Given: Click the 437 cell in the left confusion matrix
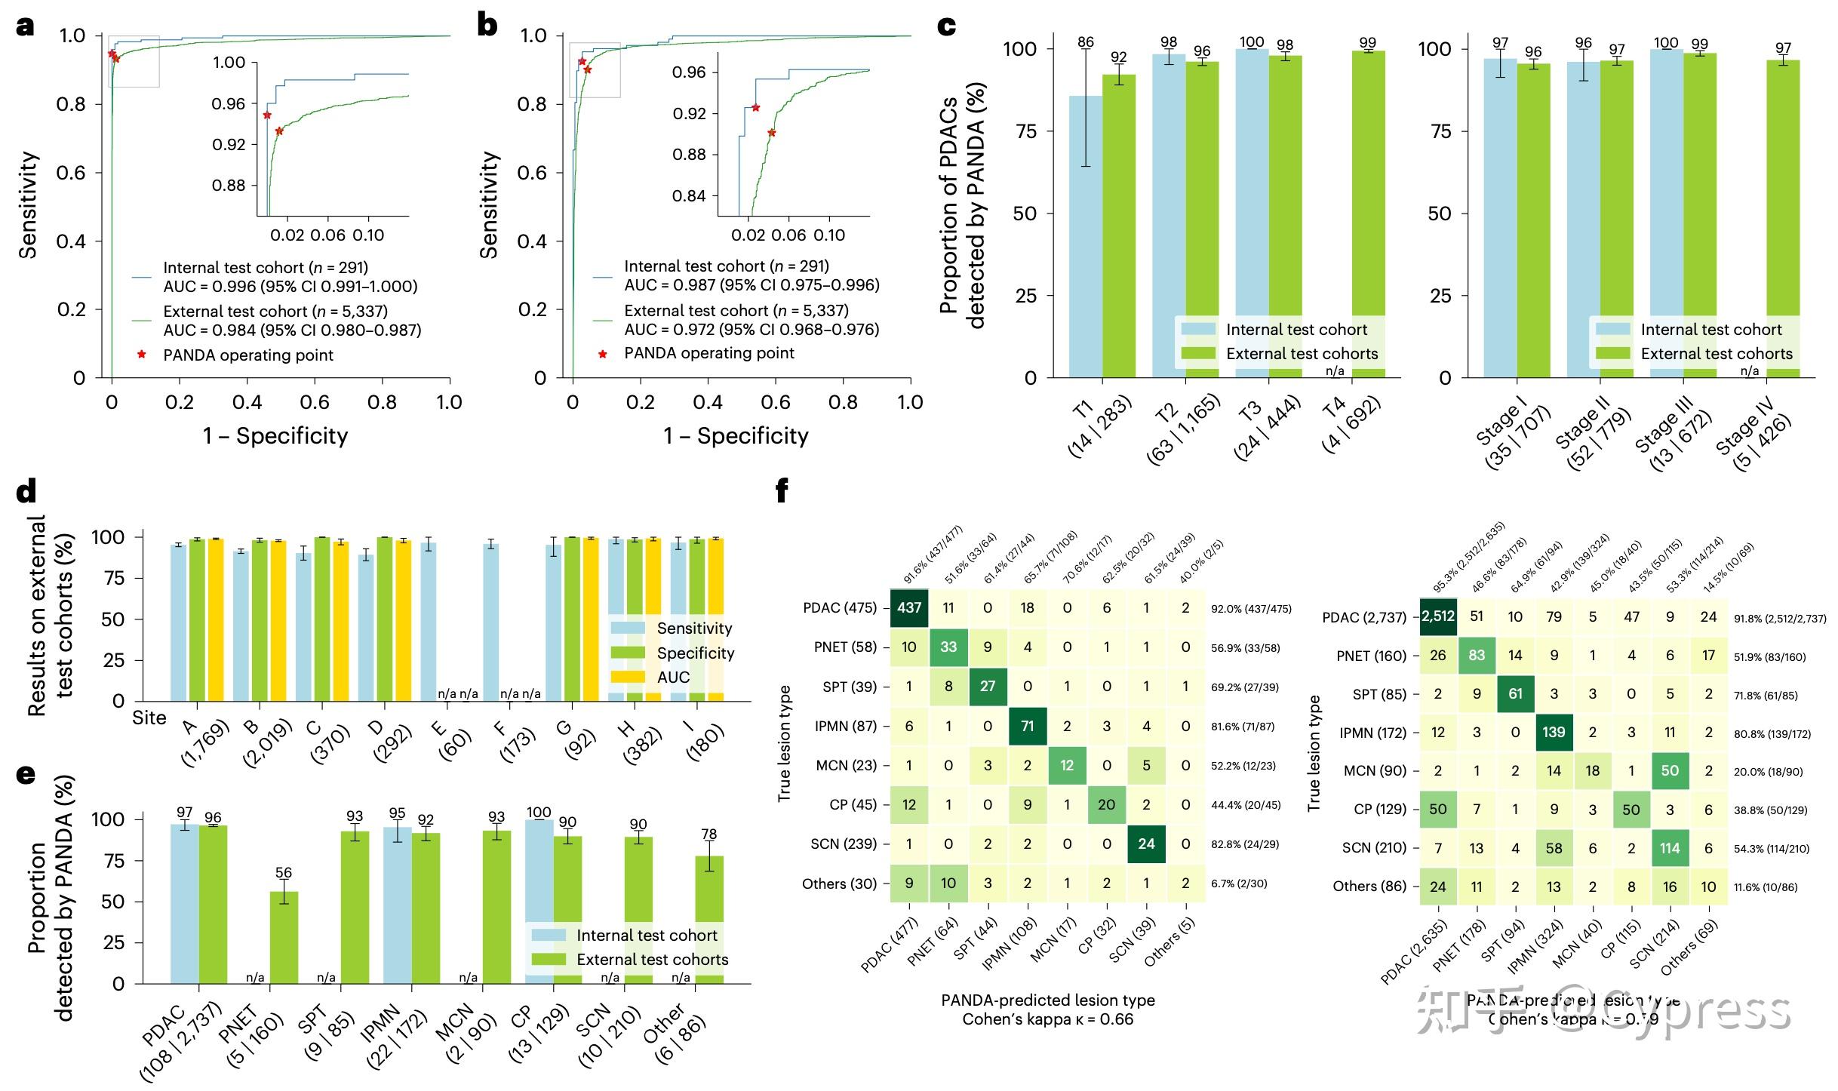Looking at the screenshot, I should click(909, 607).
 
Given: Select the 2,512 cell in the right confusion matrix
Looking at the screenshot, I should click(1437, 616).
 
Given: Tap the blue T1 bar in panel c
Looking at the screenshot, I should click(1086, 241).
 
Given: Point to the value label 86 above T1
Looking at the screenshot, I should click(1086, 41).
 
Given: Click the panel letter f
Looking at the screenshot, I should click(782, 492).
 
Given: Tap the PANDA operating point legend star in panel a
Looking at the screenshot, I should click(141, 355).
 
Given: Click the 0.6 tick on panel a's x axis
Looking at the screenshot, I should click(315, 402).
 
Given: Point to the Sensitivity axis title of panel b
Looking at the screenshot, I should click(490, 205).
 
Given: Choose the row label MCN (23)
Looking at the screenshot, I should click(846, 765).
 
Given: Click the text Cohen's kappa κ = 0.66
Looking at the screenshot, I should click(1047, 1020).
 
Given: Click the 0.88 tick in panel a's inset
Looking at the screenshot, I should click(229, 186).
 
